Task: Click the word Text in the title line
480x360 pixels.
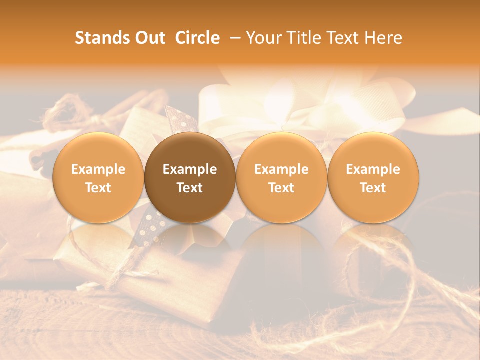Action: coord(344,38)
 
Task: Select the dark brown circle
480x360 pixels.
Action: coord(190,177)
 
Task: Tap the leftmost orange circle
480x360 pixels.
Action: coord(98,177)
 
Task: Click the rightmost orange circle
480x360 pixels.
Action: coord(373,177)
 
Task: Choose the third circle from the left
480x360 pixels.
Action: coord(281,177)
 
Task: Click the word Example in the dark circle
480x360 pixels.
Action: coord(190,169)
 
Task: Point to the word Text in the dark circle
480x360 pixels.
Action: coord(190,188)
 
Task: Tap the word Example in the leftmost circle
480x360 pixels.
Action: coord(98,169)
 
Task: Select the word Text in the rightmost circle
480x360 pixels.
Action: coord(373,188)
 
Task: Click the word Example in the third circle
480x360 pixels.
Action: coord(281,169)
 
